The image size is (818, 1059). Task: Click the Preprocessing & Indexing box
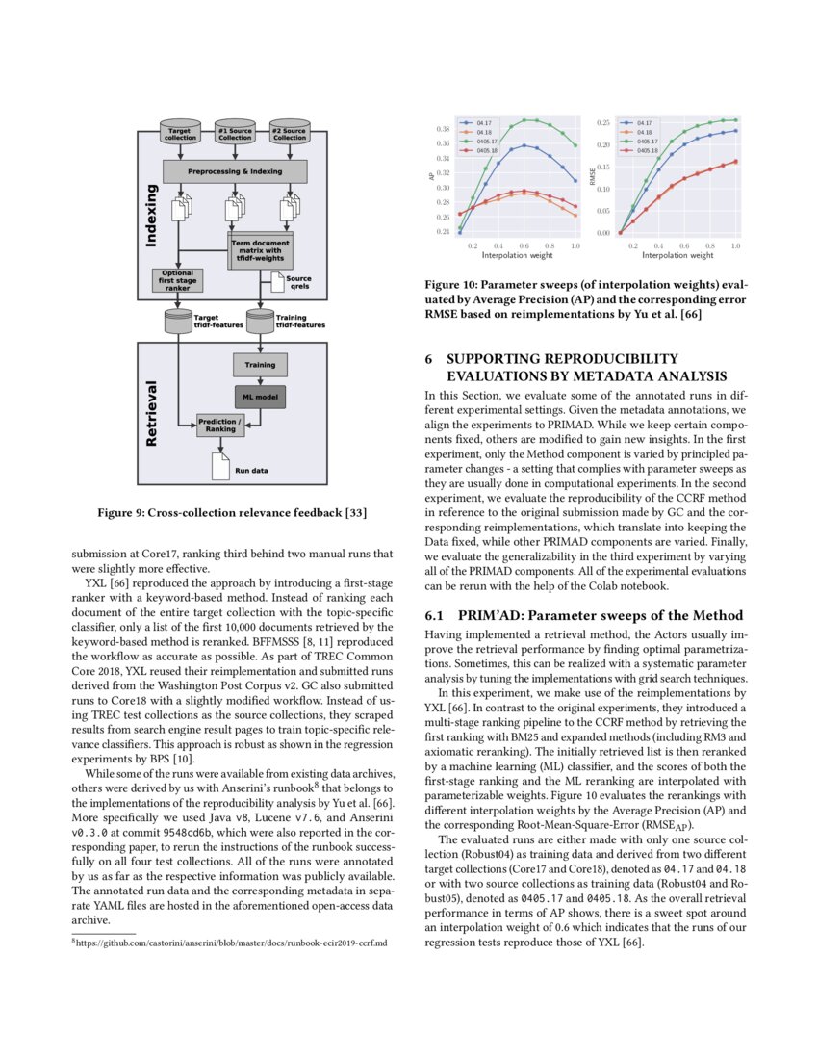pos(235,171)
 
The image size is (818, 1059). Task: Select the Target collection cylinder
pos(180,133)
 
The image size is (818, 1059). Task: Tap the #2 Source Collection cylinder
pos(289,133)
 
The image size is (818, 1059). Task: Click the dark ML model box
pos(260,395)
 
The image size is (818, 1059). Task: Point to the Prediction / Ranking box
pos(220,425)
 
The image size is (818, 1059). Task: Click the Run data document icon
pos(219,467)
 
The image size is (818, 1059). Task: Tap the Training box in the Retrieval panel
pos(260,365)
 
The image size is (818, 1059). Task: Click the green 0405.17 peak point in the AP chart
pos(524,120)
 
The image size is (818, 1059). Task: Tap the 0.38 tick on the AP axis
pos(444,128)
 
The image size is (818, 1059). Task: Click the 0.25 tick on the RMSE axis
pos(603,123)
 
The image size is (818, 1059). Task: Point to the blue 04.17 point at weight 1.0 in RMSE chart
pos(736,130)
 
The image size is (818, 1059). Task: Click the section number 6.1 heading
pos(436,615)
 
